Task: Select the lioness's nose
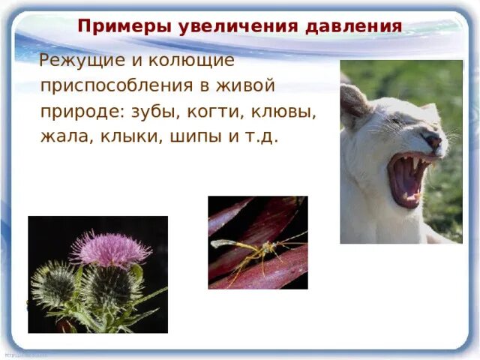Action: pos(433,140)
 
